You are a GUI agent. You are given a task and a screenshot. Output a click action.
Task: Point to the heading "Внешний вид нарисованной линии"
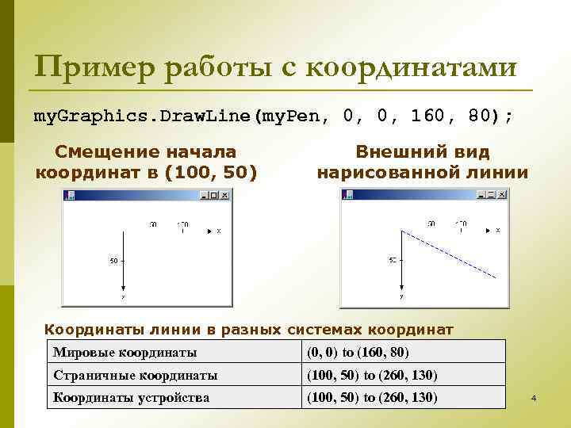(x=422, y=162)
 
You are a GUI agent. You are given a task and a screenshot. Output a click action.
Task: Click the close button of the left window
(x=225, y=194)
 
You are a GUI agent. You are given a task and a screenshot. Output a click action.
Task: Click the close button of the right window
(x=502, y=194)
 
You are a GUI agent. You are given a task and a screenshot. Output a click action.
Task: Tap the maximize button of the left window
(x=217, y=194)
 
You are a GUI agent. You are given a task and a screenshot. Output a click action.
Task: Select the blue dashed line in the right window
(x=450, y=254)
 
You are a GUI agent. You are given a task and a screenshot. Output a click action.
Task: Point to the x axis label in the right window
(x=498, y=231)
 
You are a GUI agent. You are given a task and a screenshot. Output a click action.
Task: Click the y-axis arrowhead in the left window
(x=123, y=289)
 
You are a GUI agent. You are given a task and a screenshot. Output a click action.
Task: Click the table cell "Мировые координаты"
(x=125, y=352)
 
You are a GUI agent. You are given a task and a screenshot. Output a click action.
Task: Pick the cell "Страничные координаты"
(x=135, y=375)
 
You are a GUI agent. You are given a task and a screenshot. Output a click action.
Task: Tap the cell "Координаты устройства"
(x=131, y=397)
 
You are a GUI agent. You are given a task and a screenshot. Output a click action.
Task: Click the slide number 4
(x=534, y=397)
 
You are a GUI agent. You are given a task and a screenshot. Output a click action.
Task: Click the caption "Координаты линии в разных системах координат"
(x=248, y=329)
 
